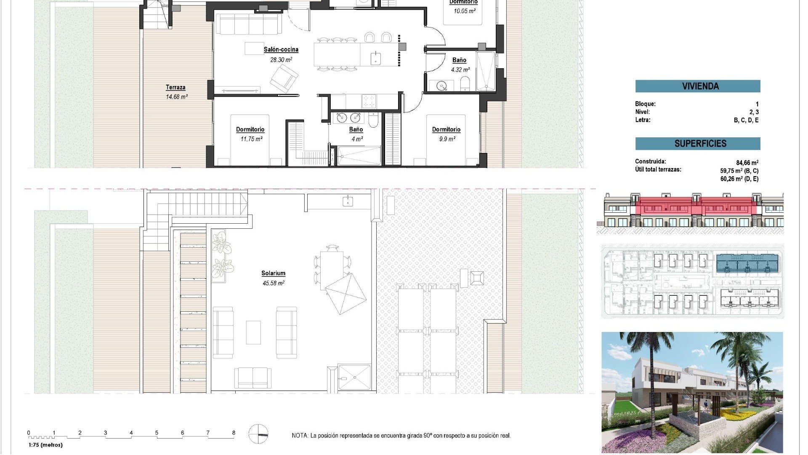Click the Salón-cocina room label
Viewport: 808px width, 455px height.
[x=281, y=50]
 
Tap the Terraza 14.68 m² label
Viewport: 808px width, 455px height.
[x=176, y=91]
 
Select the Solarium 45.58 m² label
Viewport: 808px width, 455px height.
[x=273, y=278]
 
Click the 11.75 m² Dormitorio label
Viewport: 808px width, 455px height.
[x=250, y=134]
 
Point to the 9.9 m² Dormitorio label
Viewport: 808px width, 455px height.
[x=446, y=134]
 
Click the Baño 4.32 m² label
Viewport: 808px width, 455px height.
[x=460, y=64]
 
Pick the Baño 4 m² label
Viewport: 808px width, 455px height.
[x=356, y=134]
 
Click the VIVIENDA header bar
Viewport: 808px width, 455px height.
[x=697, y=86]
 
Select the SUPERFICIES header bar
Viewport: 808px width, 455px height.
[x=697, y=144]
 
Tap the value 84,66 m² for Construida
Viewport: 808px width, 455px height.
[x=747, y=163]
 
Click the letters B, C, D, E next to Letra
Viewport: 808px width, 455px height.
[x=746, y=120]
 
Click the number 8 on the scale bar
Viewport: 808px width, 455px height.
[x=234, y=433]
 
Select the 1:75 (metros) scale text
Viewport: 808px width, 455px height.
[x=45, y=445]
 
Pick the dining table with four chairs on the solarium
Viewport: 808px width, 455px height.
[x=332, y=270]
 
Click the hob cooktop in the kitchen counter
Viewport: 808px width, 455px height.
[x=369, y=101]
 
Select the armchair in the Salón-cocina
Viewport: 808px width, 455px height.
[x=284, y=78]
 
